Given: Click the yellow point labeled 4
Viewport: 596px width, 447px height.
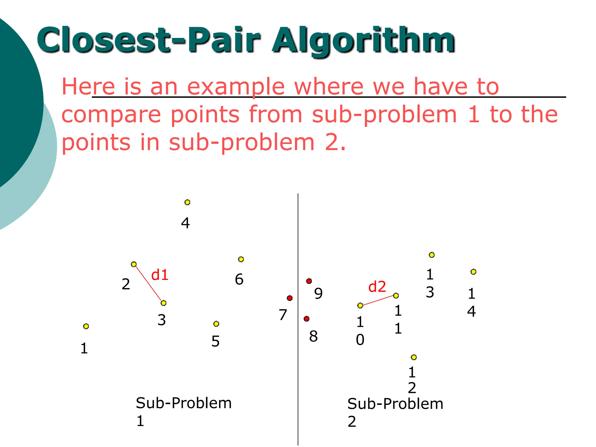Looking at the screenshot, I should point(187,202).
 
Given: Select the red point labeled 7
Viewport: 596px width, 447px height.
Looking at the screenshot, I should point(290,298).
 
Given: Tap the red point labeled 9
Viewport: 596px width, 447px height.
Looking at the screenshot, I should point(309,281).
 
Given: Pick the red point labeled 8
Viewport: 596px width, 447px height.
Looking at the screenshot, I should point(306,319).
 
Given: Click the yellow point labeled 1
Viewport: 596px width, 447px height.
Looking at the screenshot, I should point(86,326).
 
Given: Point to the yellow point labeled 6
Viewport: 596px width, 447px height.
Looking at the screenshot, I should point(241,259).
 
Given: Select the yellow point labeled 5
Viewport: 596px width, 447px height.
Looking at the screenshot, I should point(216,324).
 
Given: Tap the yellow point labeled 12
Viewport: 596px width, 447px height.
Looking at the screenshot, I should point(414,357).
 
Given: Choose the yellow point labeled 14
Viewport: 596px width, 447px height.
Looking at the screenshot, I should point(473,272).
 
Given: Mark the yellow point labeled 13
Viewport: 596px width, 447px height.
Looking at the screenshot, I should point(432,255).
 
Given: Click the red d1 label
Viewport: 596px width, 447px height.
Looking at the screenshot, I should point(160,275).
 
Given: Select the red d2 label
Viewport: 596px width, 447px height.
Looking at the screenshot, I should point(377,287).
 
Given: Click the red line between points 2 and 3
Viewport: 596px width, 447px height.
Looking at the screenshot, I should point(149,284).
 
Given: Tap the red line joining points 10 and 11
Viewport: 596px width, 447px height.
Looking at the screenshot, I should point(378,301).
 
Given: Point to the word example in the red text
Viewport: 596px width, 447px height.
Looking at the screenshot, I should point(235,87).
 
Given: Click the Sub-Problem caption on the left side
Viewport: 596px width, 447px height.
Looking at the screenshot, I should point(184,403).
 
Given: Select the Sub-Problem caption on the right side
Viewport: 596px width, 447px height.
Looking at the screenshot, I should point(395,404).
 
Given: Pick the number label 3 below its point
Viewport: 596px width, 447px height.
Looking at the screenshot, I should point(162,320).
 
